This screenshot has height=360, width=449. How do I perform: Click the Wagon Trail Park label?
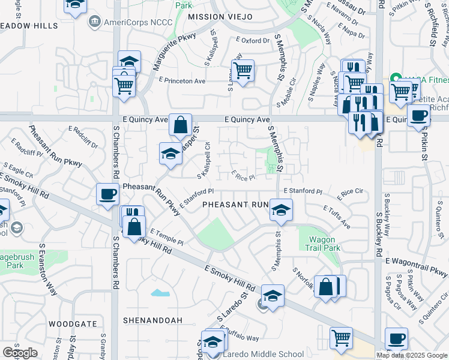tap(322, 244)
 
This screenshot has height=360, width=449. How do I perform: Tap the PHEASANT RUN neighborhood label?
tap(235, 205)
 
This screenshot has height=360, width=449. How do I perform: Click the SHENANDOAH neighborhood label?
tap(152, 320)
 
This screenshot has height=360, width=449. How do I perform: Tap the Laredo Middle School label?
tap(264, 354)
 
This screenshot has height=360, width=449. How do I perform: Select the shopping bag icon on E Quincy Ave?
tap(180, 125)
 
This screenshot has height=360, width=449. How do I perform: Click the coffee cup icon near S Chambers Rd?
tap(108, 194)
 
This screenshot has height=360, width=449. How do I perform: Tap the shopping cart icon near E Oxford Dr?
tap(243, 71)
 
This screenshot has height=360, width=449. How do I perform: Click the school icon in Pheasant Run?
tap(280, 210)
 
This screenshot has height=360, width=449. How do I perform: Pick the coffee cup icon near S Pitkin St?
tap(418, 114)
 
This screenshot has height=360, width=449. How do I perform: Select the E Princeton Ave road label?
tap(182, 80)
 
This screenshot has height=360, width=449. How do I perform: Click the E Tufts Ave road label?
tap(336, 217)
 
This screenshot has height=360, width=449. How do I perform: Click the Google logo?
tap(20, 353)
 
